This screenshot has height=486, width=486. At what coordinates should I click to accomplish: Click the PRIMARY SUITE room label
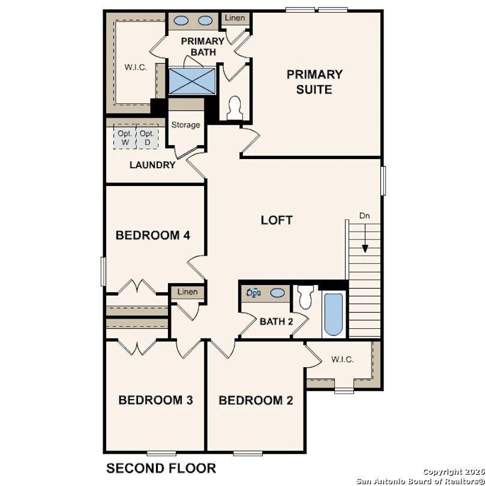tap(314, 82)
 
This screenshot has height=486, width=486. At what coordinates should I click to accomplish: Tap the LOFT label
tap(277, 220)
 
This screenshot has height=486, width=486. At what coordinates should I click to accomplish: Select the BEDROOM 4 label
tap(152, 235)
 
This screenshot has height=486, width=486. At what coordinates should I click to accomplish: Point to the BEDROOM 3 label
tap(155, 400)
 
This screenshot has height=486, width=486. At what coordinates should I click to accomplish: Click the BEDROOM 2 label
tap(256, 401)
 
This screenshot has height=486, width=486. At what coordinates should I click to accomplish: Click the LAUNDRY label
tap(152, 165)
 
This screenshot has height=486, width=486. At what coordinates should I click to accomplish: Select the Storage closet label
tap(185, 125)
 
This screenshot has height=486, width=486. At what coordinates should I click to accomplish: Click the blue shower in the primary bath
tap(191, 80)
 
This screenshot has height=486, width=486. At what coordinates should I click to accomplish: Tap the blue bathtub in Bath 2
tap(333, 314)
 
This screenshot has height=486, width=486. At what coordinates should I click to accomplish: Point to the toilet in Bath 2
tap(306, 297)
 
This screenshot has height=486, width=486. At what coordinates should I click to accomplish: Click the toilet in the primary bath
tap(235, 107)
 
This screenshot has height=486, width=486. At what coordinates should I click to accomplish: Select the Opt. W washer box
tap(125, 138)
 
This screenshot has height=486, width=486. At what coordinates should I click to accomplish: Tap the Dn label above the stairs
tap(365, 215)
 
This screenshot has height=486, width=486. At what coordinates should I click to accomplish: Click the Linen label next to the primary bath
tap(234, 18)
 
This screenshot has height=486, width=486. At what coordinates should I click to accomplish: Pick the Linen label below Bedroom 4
tap(187, 292)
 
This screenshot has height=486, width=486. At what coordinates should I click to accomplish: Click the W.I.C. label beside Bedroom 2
tap(342, 359)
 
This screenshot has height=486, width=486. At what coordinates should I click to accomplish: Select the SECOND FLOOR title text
tap(161, 468)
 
